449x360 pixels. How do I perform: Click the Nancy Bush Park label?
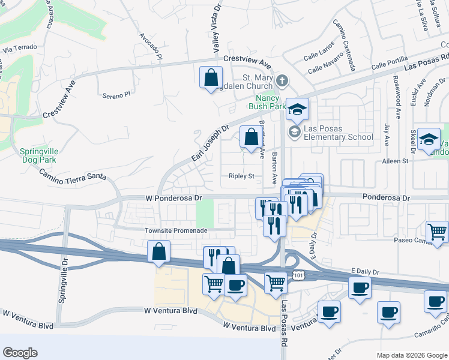(271, 102)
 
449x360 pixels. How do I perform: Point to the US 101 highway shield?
(298, 275)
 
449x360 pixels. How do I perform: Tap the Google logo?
(20, 352)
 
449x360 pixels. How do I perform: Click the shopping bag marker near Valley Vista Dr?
(211, 78)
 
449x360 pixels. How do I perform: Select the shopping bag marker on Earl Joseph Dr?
(250, 137)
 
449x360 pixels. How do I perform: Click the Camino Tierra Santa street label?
(73, 175)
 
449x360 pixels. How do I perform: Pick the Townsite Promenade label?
(176, 230)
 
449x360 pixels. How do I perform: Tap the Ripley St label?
(242, 176)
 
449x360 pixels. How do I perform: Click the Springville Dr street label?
(65, 269)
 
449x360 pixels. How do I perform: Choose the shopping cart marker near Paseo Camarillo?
(438, 232)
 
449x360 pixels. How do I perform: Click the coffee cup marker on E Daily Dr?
(360, 288)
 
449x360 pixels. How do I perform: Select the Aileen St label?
(394, 161)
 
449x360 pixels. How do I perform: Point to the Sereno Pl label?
(116, 95)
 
